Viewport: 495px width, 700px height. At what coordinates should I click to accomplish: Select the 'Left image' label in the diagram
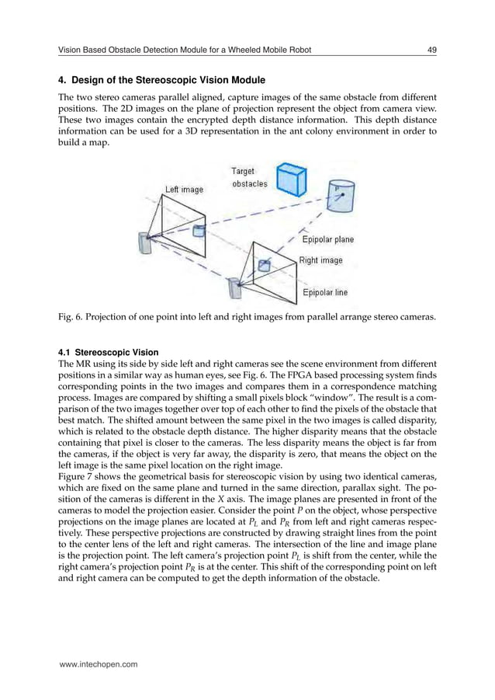pos(184,189)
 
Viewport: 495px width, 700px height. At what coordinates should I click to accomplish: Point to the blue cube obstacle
pos(291,180)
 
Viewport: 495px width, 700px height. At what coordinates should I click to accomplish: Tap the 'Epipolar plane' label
pos(327,240)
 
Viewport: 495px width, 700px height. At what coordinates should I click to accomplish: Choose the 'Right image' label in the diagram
pos(320,261)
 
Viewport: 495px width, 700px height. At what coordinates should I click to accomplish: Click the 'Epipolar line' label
pos(324,293)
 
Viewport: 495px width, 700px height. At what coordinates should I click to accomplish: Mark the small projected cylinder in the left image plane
pos(199,232)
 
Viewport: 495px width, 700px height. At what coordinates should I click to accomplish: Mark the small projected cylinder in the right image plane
pos(264,265)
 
